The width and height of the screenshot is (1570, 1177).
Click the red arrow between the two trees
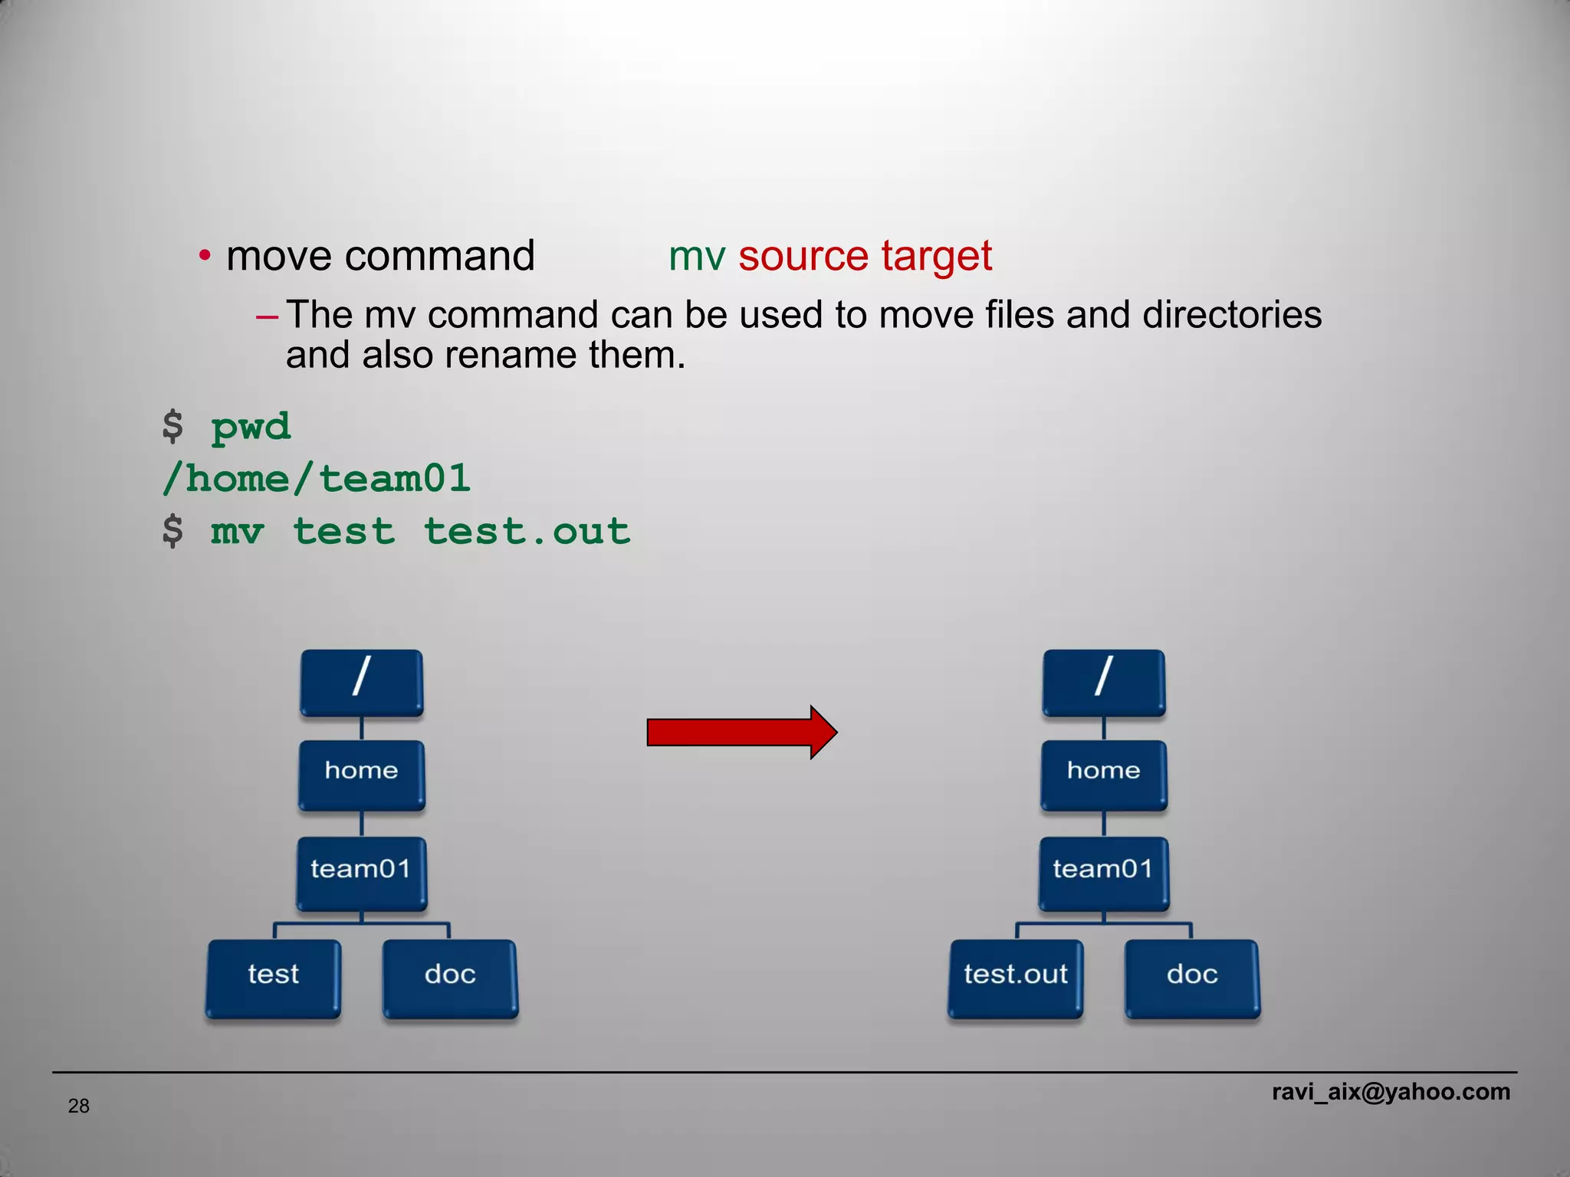(x=740, y=733)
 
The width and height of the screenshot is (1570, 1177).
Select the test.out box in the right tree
(x=1015, y=978)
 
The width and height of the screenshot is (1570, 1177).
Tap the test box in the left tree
(x=273, y=978)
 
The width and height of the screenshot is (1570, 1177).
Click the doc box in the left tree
(x=450, y=978)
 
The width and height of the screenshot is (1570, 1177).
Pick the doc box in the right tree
(x=1192, y=978)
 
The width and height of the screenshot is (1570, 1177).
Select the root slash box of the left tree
(x=361, y=681)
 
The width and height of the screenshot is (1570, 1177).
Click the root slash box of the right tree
(x=1103, y=681)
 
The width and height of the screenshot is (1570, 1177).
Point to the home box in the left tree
(x=361, y=774)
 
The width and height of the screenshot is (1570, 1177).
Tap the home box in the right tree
(x=1103, y=774)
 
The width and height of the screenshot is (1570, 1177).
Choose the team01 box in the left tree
(x=361, y=872)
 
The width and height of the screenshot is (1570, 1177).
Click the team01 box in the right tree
(x=1103, y=872)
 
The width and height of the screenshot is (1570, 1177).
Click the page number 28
(x=79, y=1106)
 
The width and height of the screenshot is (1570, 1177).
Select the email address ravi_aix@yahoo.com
(x=1391, y=1091)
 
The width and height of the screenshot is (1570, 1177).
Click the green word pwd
(x=251, y=427)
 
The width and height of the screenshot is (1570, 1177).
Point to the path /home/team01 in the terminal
(x=317, y=479)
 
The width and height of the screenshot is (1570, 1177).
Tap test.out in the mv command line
(x=527, y=531)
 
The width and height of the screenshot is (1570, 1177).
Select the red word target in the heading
(x=937, y=256)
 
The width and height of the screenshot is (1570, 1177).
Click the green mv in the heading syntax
(x=697, y=256)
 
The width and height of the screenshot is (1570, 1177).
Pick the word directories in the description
(x=1231, y=315)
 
